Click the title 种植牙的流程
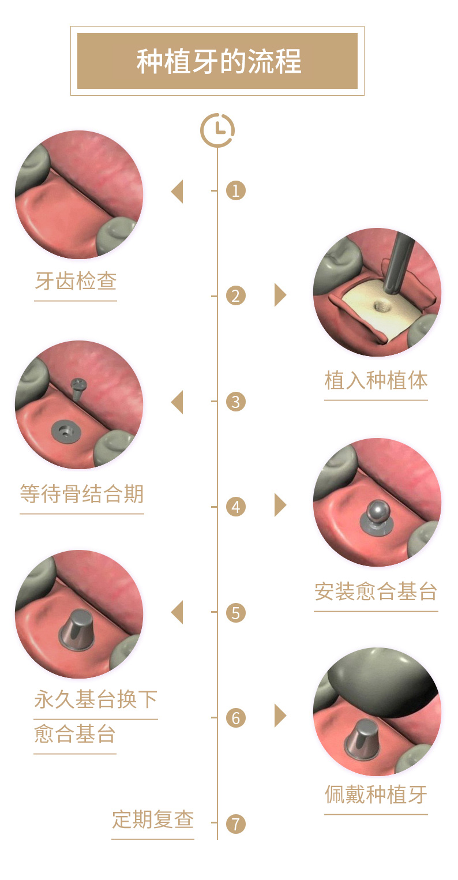click(x=219, y=61)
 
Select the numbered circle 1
click(x=236, y=190)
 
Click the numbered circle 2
click(x=236, y=296)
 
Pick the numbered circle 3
click(x=236, y=402)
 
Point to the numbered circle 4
click(x=236, y=507)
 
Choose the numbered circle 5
click(x=236, y=612)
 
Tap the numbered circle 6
click(x=236, y=718)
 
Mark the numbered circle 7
click(x=236, y=824)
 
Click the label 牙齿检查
click(x=76, y=281)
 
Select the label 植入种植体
click(x=376, y=380)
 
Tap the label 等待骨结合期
click(x=82, y=494)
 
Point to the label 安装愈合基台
click(x=376, y=591)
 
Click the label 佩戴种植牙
click(x=376, y=795)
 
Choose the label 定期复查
click(x=153, y=819)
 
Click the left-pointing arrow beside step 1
click(x=177, y=192)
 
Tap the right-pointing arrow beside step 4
click(x=280, y=505)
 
